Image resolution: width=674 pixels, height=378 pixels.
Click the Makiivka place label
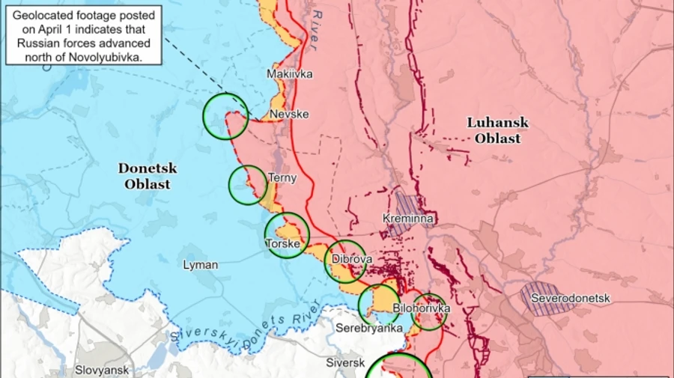[290, 74]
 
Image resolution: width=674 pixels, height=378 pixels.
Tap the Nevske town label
[289, 114]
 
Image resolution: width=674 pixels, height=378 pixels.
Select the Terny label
[282, 178]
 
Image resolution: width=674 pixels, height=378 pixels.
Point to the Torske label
[283, 244]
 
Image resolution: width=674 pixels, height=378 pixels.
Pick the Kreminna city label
[408, 219]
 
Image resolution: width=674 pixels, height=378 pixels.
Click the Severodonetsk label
[570, 299]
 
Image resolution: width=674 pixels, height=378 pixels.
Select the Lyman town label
[201, 265]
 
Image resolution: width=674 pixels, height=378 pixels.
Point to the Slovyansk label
[102, 370]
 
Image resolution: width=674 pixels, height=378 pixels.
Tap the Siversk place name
[344, 363]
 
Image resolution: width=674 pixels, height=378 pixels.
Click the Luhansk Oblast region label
[497, 130]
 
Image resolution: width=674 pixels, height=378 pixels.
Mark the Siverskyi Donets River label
[247, 327]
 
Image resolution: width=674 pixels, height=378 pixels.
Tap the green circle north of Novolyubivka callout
[225, 116]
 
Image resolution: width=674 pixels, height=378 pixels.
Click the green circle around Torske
[287, 235]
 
